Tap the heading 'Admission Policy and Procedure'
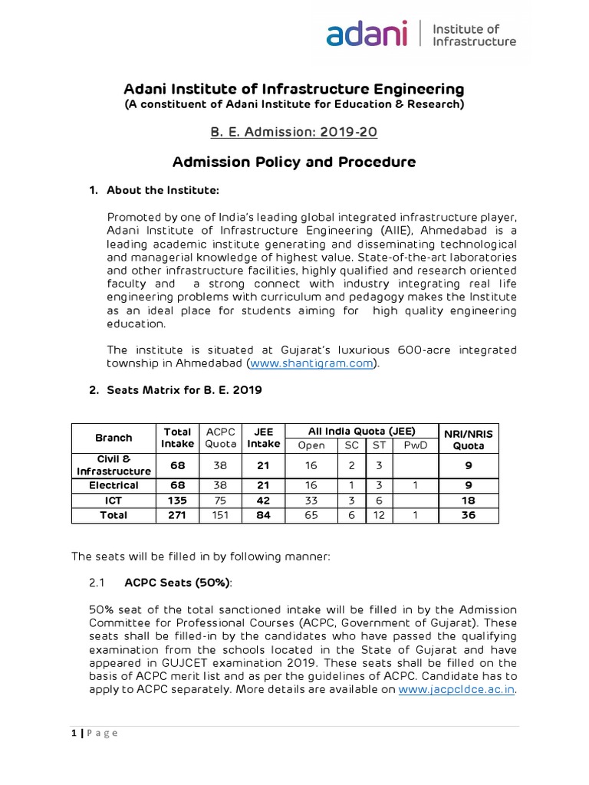[294, 162]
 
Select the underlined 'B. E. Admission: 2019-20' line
[294, 132]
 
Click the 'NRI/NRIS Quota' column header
[469, 438]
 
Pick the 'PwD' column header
[414, 445]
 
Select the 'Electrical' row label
[114, 485]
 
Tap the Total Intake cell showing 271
[177, 515]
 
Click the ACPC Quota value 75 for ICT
[219, 500]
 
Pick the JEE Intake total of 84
[263, 515]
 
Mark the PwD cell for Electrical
[414, 485]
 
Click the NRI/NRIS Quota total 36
[469, 515]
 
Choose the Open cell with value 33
[311, 500]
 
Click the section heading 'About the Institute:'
[153, 189]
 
